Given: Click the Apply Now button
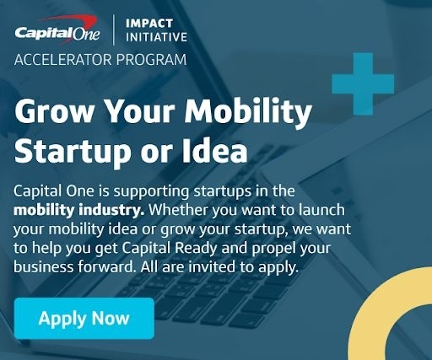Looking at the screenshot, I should point(84,319).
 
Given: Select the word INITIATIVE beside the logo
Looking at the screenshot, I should point(156,38).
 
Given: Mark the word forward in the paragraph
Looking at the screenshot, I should point(103,265).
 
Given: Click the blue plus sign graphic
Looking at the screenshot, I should point(363,83).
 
